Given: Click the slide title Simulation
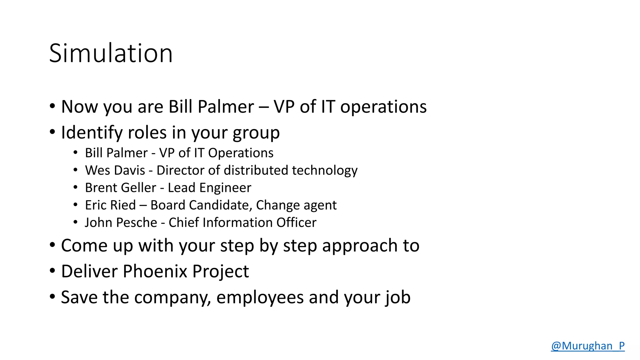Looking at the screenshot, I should coord(111,53).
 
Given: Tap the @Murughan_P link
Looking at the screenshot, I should coord(587,346).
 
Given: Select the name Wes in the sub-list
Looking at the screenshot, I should coord(97,170).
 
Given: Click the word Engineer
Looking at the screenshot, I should coord(225,188).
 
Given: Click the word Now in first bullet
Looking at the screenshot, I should coord(80,107).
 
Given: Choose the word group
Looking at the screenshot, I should coord(256,133).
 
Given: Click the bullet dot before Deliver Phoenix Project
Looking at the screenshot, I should coord(52,270).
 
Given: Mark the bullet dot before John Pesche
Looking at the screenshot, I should coord(75,222).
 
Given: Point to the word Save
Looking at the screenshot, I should coord(79,297).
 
